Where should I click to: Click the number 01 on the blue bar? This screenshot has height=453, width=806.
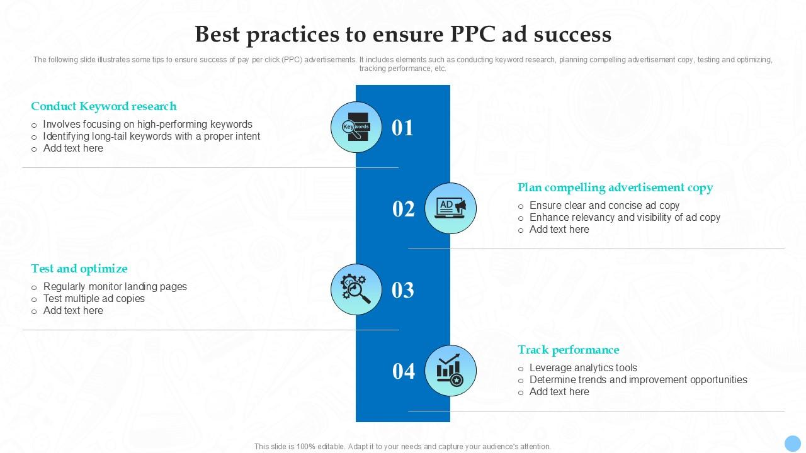[x=403, y=128]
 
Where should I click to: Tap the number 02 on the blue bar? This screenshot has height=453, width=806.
[x=404, y=209]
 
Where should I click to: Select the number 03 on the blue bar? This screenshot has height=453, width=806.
[x=403, y=290]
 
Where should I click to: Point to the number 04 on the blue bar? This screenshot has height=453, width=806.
[x=404, y=371]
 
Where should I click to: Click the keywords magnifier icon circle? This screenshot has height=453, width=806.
[x=356, y=127]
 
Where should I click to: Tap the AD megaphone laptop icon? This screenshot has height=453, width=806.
[x=451, y=208]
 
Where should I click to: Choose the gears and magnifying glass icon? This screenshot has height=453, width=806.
[x=356, y=289]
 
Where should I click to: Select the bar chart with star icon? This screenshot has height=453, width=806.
[x=451, y=371]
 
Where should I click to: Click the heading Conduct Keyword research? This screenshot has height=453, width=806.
[x=104, y=106]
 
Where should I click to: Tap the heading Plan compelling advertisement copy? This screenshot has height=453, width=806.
[x=615, y=187]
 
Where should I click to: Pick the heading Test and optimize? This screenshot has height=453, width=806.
[x=79, y=269]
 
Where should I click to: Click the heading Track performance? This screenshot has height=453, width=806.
[x=569, y=350]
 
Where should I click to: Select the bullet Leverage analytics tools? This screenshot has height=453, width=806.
[x=583, y=368]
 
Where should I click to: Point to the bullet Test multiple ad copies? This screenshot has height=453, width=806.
[x=94, y=299]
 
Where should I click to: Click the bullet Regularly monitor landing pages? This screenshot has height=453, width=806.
[x=115, y=287]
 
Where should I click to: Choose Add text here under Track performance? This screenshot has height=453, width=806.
[x=559, y=392]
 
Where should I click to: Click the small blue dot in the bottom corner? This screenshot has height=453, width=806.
[x=792, y=442]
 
